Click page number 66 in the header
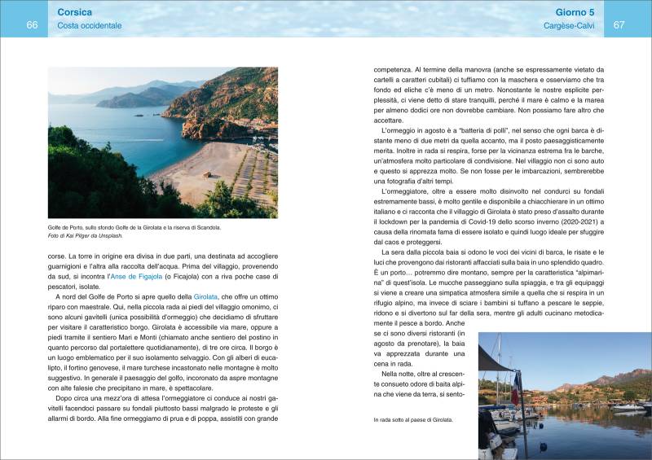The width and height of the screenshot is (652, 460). (x=32, y=25)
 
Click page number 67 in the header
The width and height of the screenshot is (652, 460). (x=619, y=25)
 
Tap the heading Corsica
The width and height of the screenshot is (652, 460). (x=75, y=13)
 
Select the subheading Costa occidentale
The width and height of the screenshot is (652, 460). (x=90, y=26)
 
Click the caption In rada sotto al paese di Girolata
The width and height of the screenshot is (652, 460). (x=414, y=420)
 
